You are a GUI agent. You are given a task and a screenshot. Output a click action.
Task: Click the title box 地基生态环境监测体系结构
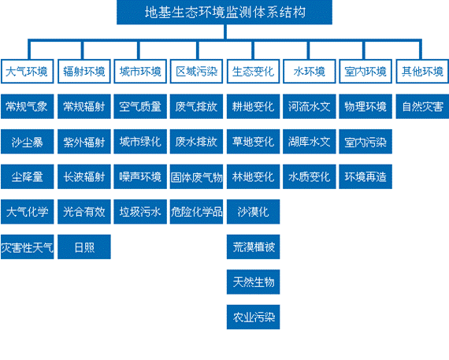[x=224, y=12]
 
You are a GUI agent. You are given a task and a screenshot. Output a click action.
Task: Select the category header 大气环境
[x=27, y=72]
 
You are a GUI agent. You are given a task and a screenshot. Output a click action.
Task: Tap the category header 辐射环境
[x=84, y=72]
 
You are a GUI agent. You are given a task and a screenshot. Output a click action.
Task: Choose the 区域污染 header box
[x=196, y=72]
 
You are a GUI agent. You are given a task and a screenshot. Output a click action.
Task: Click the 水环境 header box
[x=310, y=72]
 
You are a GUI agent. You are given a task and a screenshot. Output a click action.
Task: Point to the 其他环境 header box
[x=422, y=72]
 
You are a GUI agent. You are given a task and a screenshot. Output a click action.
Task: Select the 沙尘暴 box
[x=28, y=142]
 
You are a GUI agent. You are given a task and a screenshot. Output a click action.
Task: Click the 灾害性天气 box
[x=28, y=247]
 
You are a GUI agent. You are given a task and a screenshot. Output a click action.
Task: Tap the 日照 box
[x=84, y=247]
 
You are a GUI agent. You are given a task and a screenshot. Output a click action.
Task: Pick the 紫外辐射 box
[x=84, y=142]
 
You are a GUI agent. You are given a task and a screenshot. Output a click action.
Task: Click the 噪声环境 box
[x=140, y=176]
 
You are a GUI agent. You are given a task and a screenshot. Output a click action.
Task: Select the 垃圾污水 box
[x=140, y=212]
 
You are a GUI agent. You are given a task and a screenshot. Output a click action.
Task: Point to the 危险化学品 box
[x=196, y=212]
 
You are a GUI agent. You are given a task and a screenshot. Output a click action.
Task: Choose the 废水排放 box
[x=196, y=142]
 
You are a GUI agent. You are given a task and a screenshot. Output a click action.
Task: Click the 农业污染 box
[x=254, y=317]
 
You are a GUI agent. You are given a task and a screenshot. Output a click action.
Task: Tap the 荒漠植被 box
[x=254, y=247]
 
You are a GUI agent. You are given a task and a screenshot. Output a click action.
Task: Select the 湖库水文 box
[x=310, y=142]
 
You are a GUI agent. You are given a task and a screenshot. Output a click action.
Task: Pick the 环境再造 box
[x=366, y=176]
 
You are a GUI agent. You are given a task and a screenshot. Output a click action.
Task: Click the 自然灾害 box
[x=423, y=106]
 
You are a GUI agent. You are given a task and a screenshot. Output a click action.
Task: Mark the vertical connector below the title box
[x=225, y=32]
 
